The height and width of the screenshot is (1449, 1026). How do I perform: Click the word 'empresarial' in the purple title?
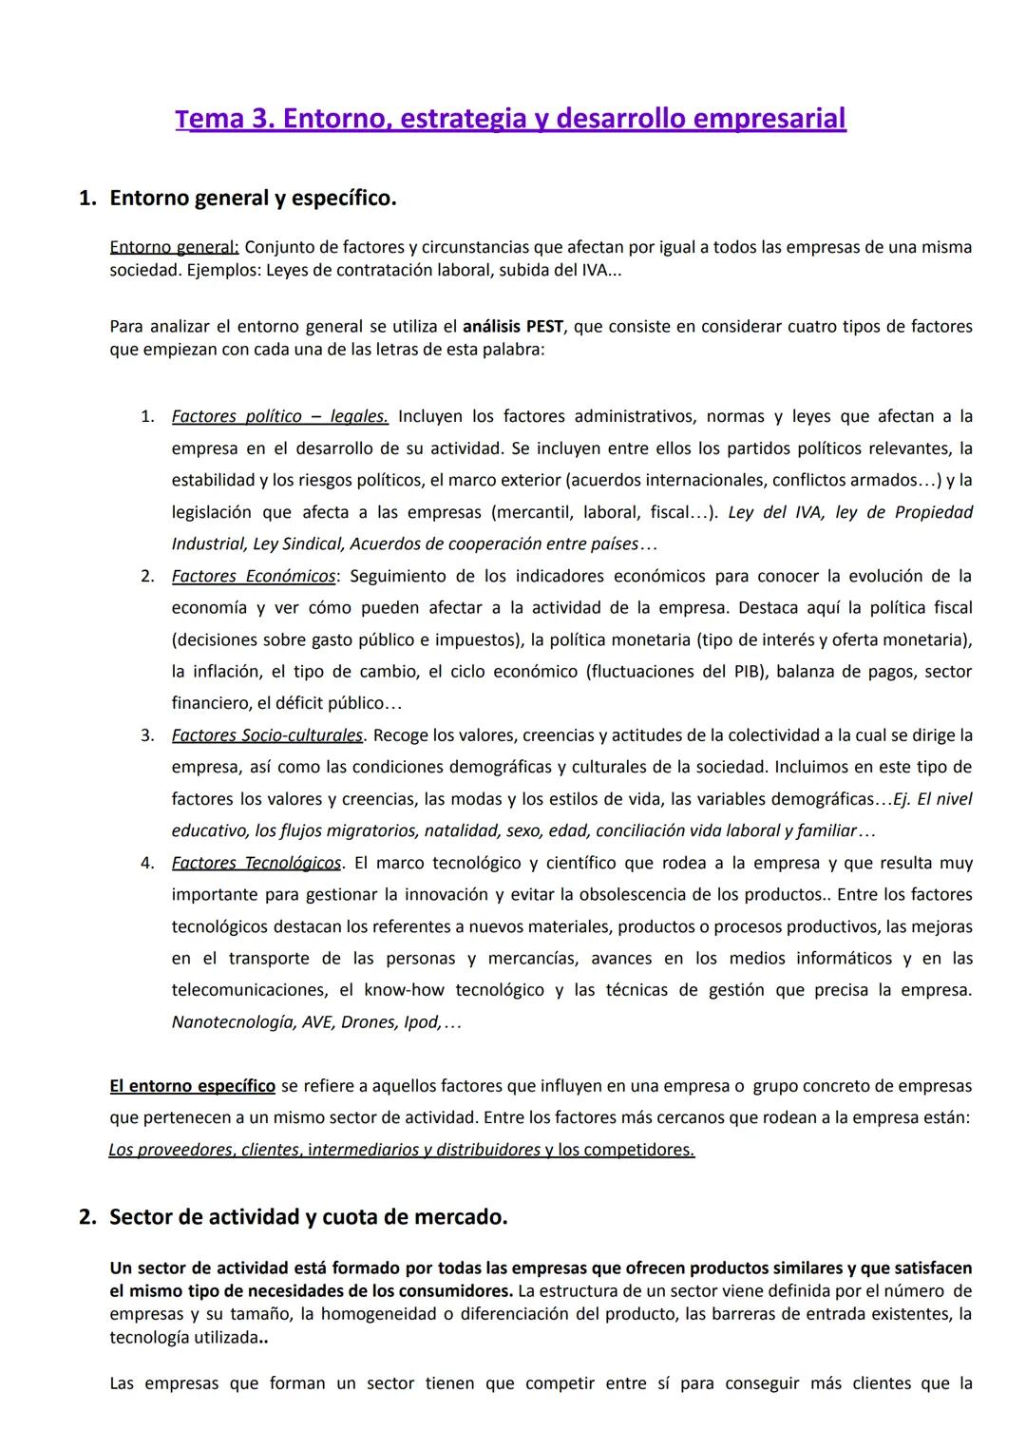pyautogui.click(x=769, y=119)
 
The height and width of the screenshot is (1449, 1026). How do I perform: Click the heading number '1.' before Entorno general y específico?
pyautogui.click(x=87, y=199)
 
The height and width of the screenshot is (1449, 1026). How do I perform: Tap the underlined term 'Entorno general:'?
pyautogui.click(x=174, y=247)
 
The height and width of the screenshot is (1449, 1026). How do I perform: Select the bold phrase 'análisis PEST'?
pyautogui.click(x=512, y=326)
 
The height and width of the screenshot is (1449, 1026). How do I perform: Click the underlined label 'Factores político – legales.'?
pyautogui.click(x=279, y=416)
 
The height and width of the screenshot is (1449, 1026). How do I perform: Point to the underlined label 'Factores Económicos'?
pyautogui.click(x=254, y=576)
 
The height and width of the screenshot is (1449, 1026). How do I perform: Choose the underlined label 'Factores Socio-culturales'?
pyautogui.click(x=267, y=734)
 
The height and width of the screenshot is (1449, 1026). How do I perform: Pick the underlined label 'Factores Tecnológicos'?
pyautogui.click(x=256, y=863)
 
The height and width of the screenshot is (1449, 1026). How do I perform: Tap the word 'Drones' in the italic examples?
pyautogui.click(x=367, y=1022)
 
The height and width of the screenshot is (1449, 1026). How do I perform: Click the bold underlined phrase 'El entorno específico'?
pyautogui.click(x=192, y=1085)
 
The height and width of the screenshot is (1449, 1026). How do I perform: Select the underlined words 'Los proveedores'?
pyautogui.click(x=170, y=1150)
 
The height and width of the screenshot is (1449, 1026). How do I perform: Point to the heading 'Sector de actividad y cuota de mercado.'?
pyautogui.click(x=308, y=1217)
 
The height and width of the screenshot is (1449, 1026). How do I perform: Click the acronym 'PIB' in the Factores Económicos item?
pyautogui.click(x=748, y=671)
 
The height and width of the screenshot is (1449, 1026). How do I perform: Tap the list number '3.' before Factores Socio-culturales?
pyautogui.click(x=147, y=734)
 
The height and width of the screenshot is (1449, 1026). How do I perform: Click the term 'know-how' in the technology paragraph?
pyautogui.click(x=403, y=990)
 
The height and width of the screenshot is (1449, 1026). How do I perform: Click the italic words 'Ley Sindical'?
pyautogui.click(x=296, y=543)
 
